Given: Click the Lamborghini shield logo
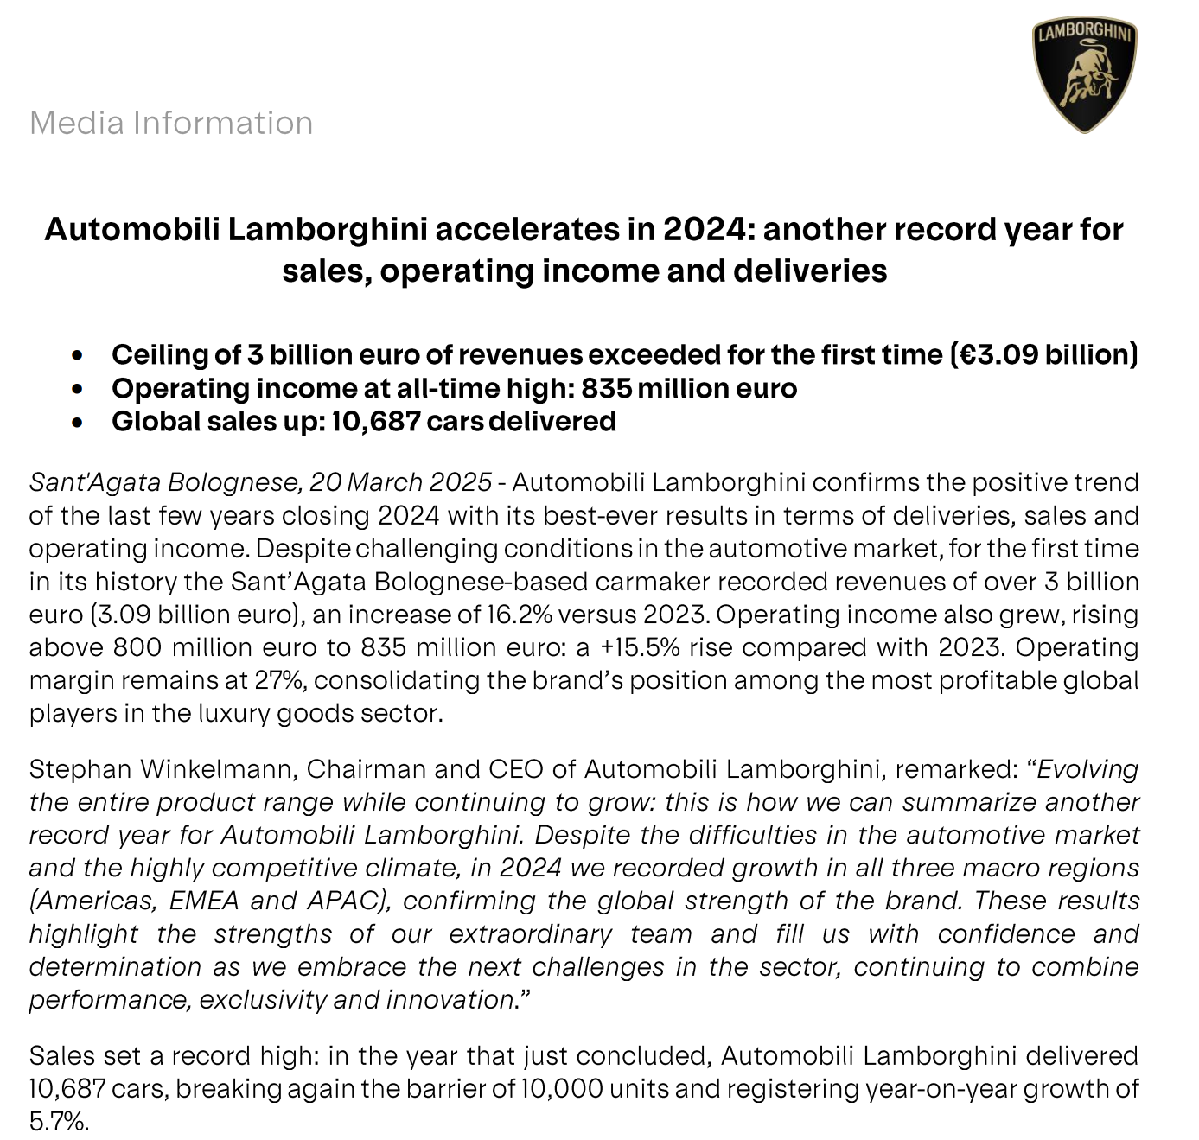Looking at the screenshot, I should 1084,77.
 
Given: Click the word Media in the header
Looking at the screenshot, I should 77,124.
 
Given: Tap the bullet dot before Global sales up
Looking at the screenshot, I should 79,423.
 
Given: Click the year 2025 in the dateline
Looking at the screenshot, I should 462,482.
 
